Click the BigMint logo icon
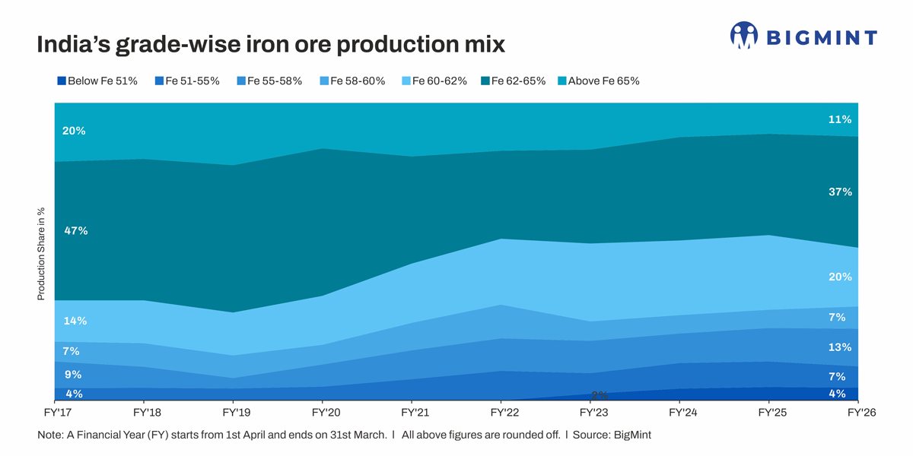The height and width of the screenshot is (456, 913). click(x=744, y=36)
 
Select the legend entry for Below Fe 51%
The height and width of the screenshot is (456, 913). click(x=97, y=81)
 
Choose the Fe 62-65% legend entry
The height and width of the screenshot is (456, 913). click(x=514, y=81)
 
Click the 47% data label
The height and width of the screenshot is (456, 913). click(x=76, y=231)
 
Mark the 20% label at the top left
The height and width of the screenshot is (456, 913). click(x=74, y=131)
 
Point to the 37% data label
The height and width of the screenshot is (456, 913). click(x=840, y=193)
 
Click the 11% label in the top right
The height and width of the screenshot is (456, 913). click(x=840, y=119)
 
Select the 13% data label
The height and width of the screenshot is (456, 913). click(x=840, y=347)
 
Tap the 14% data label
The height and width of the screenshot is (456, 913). click(x=75, y=321)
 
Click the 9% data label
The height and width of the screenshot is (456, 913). click(x=73, y=375)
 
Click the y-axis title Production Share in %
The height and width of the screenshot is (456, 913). click(x=42, y=253)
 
